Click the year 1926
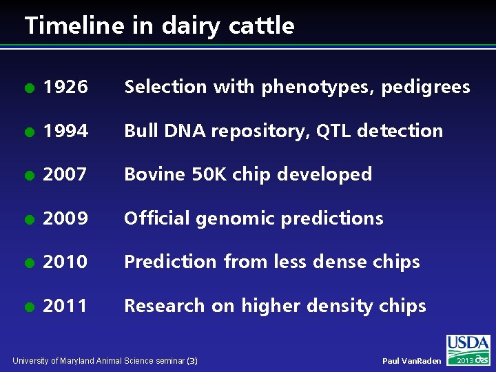65,87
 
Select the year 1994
65,131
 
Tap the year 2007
65,175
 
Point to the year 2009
65,218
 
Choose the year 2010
65,262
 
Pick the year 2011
65,306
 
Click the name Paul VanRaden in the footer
411,361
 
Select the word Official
157,218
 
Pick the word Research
164,306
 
